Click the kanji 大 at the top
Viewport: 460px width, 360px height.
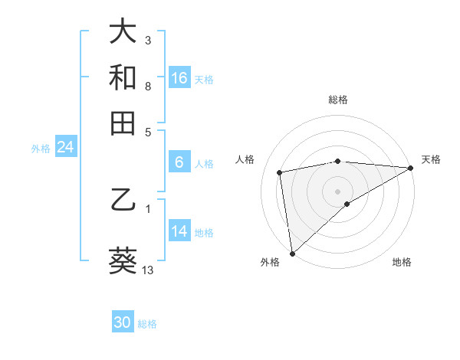(123, 31)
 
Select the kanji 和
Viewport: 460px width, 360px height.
(123, 77)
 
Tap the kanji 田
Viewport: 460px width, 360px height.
(123, 123)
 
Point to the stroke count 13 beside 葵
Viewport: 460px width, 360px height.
(148, 270)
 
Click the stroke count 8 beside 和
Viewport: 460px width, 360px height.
(148, 86)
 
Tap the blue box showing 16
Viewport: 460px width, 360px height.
(179, 77)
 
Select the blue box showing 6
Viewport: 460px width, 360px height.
(179, 162)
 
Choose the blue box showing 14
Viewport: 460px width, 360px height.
(179, 231)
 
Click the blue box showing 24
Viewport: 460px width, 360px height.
(65, 147)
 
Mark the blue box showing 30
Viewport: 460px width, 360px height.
(123, 322)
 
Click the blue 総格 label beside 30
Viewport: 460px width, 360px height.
(147, 324)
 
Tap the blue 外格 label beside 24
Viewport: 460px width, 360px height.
(41, 149)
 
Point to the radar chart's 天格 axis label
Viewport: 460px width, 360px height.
(431, 159)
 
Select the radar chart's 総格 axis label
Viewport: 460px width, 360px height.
(338, 100)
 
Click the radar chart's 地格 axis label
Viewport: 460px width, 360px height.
(402, 263)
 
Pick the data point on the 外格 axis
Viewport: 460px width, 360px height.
(292, 254)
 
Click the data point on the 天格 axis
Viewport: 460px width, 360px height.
(410, 168)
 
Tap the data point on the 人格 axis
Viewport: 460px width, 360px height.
(281, 172)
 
